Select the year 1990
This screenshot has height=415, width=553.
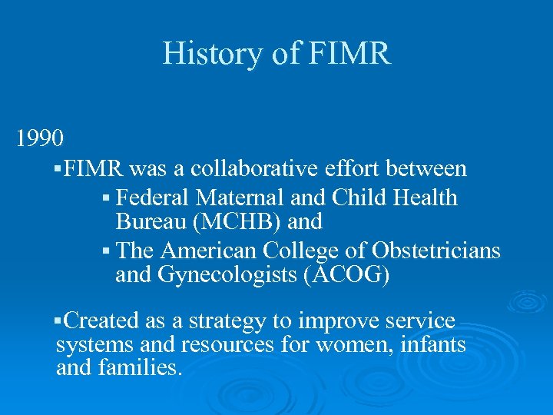[x=40, y=138]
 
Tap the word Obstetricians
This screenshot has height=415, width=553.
[x=435, y=251]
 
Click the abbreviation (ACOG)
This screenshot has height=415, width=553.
[x=352, y=274]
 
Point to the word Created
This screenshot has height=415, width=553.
[x=96, y=321]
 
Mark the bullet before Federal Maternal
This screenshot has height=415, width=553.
[x=106, y=199]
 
